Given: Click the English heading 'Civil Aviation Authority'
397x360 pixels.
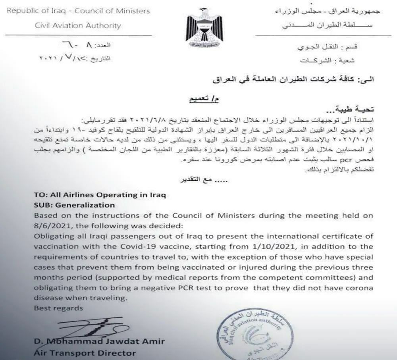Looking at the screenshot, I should pyautogui.click(x=78, y=26).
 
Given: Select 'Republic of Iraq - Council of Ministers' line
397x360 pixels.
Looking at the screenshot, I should pyautogui.click(x=79, y=11).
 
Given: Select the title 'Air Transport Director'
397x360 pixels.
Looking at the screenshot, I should pyautogui.click(x=85, y=352).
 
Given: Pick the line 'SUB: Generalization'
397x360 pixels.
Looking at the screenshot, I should pyautogui.click(x=75, y=205).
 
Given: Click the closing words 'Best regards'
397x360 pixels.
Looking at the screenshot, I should pyautogui.click(x=58, y=308).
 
